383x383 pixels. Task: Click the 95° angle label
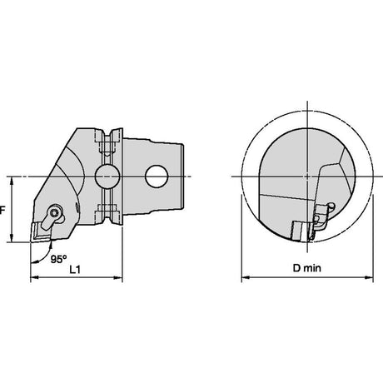58,259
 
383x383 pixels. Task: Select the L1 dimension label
75,269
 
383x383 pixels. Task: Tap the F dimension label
2,211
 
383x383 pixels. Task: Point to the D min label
306,268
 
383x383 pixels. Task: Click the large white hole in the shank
157,177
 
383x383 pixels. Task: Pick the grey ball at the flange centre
107,177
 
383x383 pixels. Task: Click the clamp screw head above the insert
54,213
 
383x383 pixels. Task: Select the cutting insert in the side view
41,231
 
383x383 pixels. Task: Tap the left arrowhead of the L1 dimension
34,277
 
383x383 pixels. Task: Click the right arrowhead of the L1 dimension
118,277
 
